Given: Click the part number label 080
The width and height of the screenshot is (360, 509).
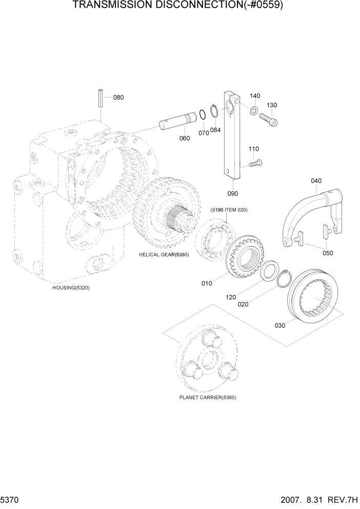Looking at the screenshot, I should (118, 97).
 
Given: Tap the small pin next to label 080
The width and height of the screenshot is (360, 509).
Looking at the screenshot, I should (101, 99).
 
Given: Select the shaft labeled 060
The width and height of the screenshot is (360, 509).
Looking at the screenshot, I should (176, 122).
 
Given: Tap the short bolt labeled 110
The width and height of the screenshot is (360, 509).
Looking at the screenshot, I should (254, 163).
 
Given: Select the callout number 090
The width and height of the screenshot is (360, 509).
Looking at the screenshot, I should (233, 193).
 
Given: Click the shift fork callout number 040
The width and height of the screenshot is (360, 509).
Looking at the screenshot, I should (316, 180).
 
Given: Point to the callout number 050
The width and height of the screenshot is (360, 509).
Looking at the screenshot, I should (327, 253).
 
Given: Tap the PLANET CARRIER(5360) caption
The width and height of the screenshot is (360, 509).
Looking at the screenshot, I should (208, 397).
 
